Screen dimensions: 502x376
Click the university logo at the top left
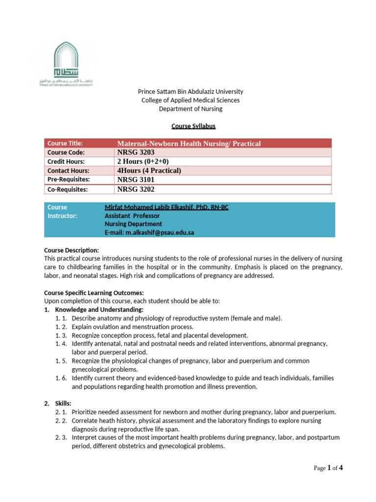(66, 63)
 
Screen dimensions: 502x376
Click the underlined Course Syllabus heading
(193, 126)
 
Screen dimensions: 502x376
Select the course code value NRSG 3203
(136, 152)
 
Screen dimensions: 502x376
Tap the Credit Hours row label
(66, 161)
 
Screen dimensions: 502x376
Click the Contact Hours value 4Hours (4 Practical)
(149, 171)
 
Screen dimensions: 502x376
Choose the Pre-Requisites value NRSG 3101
(136, 179)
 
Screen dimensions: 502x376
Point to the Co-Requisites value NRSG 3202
(136, 189)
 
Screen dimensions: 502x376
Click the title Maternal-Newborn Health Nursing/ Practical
(189, 143)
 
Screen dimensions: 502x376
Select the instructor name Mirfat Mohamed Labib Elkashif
(166, 207)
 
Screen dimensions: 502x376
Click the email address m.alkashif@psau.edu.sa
(149, 232)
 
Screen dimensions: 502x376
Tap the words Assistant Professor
(132, 216)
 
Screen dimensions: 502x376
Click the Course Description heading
(71, 251)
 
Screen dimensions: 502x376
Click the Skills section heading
(63, 403)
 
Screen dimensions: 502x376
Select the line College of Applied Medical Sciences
(190, 100)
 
